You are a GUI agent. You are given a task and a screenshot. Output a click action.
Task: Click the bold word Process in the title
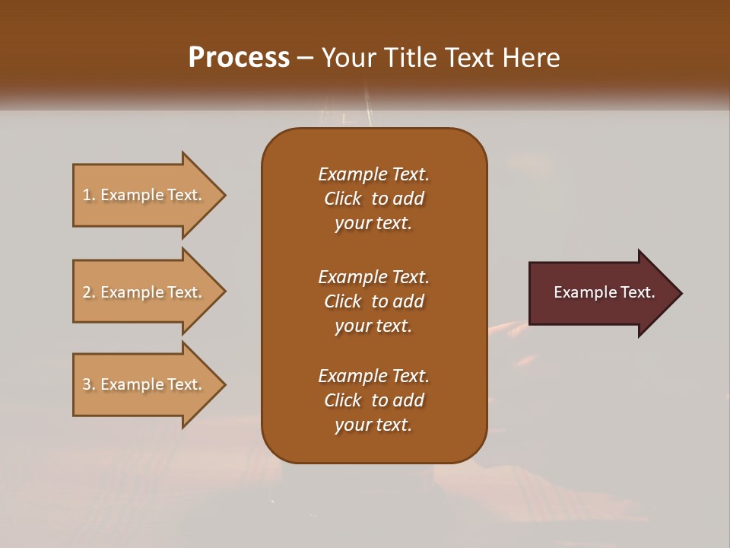[x=239, y=58]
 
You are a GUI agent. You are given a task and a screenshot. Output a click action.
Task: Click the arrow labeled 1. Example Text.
[x=142, y=195]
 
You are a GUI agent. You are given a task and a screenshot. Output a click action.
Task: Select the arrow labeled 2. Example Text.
[x=142, y=292]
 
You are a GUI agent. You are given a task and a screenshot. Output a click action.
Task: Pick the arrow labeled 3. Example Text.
[x=142, y=384]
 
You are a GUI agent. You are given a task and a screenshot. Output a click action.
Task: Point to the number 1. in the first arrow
[x=89, y=195]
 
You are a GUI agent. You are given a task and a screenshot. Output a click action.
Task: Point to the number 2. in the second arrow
[x=89, y=292]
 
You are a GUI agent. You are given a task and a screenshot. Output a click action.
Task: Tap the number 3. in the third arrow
[x=89, y=384]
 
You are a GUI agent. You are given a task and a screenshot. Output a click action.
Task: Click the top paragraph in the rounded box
[x=373, y=199]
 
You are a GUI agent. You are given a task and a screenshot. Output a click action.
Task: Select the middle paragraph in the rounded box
[x=373, y=301]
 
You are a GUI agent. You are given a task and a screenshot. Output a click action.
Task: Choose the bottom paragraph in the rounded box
[x=373, y=400]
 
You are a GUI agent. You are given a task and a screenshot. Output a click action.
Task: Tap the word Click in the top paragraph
[x=342, y=199]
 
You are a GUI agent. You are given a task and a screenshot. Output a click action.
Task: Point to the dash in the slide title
[x=306, y=58]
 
